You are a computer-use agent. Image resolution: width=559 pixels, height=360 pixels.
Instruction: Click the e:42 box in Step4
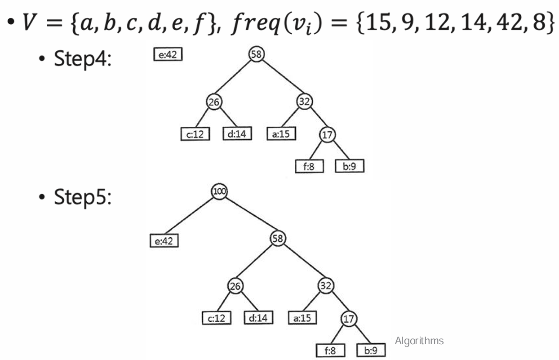point(168,54)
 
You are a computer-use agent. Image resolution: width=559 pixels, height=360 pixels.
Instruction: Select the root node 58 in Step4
point(257,54)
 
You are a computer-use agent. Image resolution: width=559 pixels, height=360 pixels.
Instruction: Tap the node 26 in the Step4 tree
point(214,102)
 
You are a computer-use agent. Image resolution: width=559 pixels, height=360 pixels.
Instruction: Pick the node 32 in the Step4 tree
point(304,102)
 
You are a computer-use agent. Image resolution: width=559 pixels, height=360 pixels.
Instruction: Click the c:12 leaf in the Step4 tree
point(195,134)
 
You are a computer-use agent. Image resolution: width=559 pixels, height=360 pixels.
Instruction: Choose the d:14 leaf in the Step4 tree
point(237,133)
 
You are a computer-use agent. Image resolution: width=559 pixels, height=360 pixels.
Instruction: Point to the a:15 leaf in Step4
point(281,133)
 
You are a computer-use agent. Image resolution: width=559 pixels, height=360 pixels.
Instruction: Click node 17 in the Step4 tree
point(328,134)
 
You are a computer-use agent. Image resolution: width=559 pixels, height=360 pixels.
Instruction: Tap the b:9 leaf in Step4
point(350,166)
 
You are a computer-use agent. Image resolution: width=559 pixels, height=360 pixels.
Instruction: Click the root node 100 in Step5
point(219,191)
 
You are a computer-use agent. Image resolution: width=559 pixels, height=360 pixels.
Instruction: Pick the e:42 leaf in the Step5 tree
point(164,241)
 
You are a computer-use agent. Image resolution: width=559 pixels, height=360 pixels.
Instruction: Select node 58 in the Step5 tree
point(278,238)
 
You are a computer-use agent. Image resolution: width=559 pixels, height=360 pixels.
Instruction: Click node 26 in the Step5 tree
point(235,286)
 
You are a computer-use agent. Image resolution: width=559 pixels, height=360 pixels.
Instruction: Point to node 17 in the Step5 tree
point(349,319)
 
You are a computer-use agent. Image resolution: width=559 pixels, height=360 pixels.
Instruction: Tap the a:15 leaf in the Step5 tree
point(302,318)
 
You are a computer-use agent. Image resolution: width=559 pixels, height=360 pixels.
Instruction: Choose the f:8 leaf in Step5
point(330,350)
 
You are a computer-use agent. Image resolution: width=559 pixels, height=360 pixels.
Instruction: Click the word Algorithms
point(419,341)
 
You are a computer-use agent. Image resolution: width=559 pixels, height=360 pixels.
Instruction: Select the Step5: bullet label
point(83,197)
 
